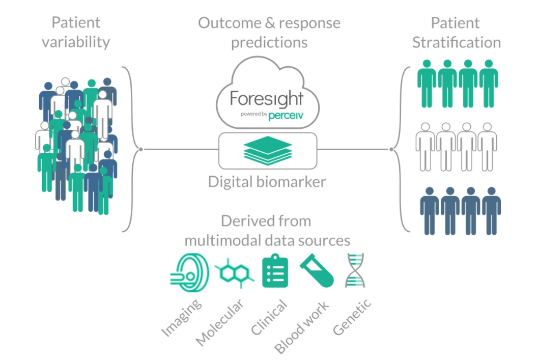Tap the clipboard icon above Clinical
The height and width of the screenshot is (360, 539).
point(275,271)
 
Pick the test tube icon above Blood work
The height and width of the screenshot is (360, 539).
point(317,271)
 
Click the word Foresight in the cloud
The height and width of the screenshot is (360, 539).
point(266,98)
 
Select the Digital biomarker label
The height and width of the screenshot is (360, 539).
point(267,182)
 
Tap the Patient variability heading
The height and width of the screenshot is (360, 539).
point(76,32)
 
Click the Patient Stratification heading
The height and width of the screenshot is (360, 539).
point(456,33)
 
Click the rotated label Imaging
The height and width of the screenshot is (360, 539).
point(182,317)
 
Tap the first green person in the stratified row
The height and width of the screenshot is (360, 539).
point(427,83)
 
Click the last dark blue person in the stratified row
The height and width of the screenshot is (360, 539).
point(491,210)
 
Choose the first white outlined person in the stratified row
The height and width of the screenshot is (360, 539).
point(426,147)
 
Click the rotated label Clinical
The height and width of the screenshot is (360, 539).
point(269,317)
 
